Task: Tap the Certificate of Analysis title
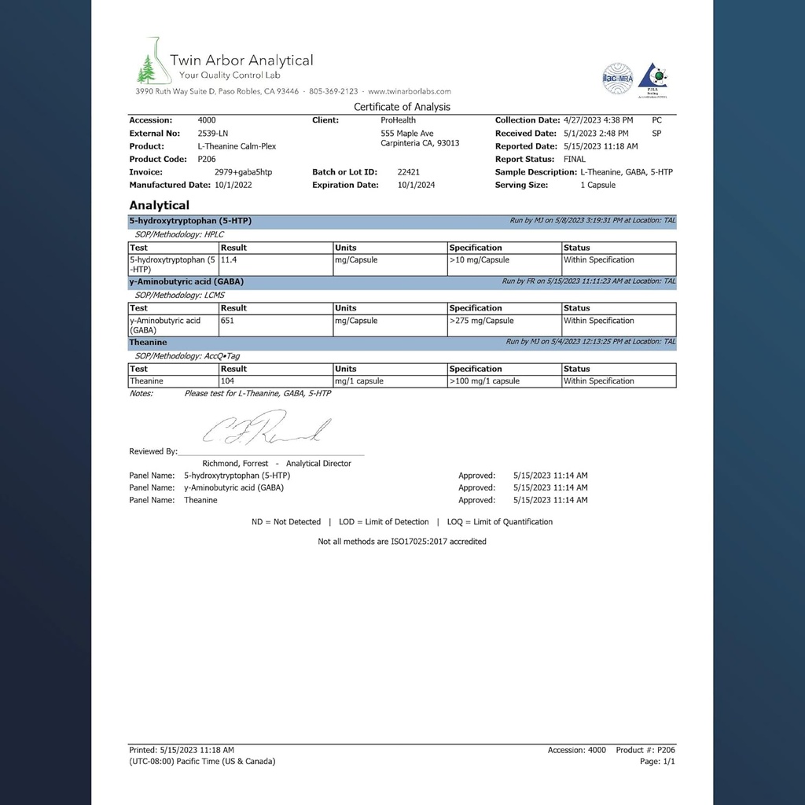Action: (x=402, y=107)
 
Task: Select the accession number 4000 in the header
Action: (x=207, y=120)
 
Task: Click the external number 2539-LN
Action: (x=212, y=134)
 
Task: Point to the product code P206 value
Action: (x=207, y=159)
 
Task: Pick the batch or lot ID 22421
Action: (x=408, y=172)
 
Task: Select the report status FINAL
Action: (x=575, y=159)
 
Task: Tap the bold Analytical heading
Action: (x=159, y=205)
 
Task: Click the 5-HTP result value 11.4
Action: (x=230, y=260)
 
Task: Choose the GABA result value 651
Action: (x=229, y=321)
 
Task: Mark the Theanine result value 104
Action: (x=229, y=381)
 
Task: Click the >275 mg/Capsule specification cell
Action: (x=481, y=321)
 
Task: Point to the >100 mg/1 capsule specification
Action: (x=484, y=381)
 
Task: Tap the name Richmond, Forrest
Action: (x=236, y=464)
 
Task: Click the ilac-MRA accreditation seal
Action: (x=617, y=78)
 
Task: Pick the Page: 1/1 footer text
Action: (x=657, y=762)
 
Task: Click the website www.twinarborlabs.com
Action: (x=409, y=91)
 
